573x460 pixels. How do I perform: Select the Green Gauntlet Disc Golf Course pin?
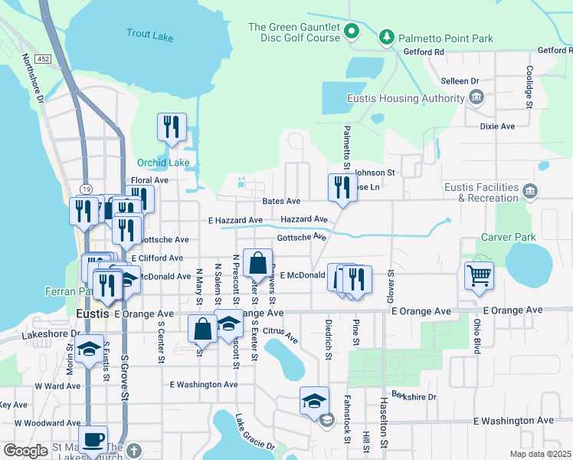352,31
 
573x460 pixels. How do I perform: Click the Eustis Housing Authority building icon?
476,97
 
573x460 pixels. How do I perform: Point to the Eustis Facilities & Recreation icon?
529,190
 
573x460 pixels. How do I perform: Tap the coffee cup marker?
93,439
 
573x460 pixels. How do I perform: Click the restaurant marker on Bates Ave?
342,187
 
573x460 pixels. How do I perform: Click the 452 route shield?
43,58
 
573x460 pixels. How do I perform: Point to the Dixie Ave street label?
497,127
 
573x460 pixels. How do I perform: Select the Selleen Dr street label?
460,80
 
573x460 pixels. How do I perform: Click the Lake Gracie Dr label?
254,435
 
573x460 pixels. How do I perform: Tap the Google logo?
25,451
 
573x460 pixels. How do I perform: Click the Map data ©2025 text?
539,454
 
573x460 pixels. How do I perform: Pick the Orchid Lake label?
162,163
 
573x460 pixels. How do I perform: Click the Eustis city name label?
93,314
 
